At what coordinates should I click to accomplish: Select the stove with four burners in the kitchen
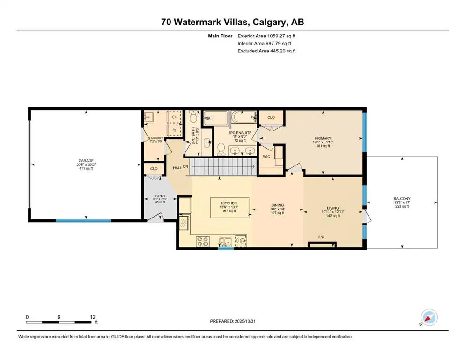coord(202,241)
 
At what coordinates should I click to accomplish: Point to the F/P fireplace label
coord(322,238)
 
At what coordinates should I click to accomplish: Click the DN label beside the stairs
coord(185,166)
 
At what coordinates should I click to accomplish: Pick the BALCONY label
coord(402,199)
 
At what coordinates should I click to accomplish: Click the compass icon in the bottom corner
coord(429,318)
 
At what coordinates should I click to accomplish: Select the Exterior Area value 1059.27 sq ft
coord(279,35)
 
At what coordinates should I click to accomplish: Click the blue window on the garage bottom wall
coord(77,220)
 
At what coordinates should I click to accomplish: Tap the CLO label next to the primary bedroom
coord(271,117)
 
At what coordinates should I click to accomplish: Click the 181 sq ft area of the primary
coord(323,146)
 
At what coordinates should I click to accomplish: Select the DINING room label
coord(278,204)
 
